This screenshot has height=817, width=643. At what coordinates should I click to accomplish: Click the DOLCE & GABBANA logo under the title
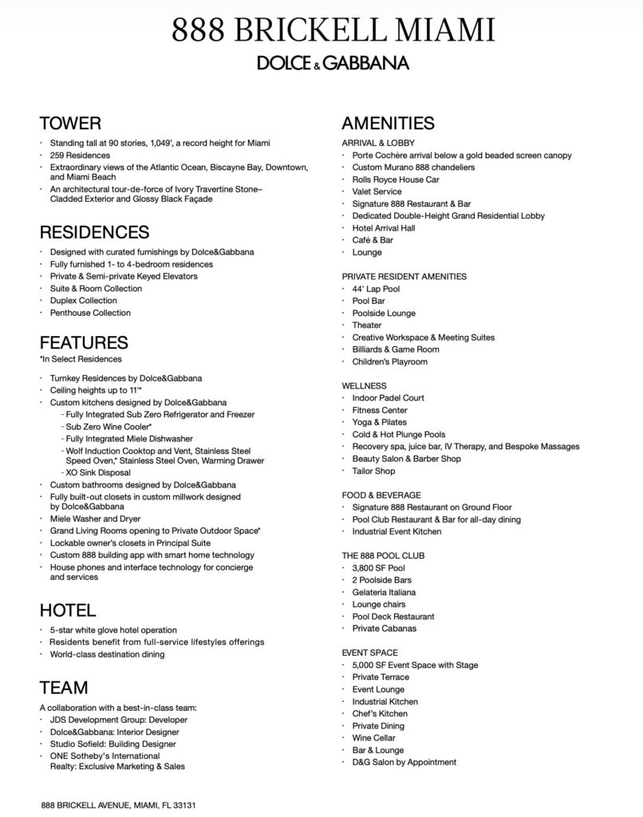point(321,63)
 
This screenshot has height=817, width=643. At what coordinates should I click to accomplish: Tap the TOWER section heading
point(70,123)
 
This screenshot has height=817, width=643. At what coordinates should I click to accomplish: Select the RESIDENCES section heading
point(94,232)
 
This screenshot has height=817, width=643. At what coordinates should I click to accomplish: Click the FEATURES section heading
point(84,342)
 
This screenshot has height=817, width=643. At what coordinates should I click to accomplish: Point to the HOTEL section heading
point(68,610)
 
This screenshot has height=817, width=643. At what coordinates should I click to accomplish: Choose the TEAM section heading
point(64,688)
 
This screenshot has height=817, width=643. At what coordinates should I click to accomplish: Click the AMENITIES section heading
point(388,123)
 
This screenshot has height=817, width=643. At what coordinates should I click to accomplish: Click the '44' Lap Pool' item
point(376,289)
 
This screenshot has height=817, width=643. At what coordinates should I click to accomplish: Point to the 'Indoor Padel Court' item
point(388,398)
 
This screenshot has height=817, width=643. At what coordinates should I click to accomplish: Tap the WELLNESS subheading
point(365,385)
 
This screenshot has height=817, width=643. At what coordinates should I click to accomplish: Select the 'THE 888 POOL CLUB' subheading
point(383,556)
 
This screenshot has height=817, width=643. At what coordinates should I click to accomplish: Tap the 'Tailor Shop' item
point(373,471)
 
